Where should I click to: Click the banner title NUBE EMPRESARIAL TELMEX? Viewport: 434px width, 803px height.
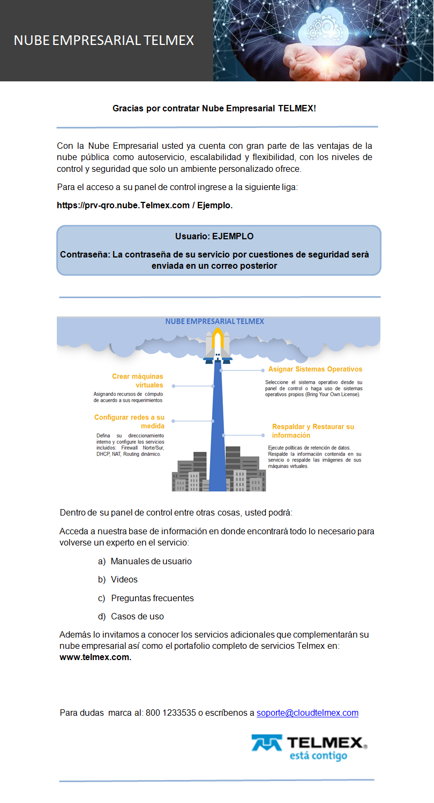[103, 41]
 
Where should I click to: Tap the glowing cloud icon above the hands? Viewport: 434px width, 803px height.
[325, 27]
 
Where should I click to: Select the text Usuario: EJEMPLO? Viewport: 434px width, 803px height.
[214, 236]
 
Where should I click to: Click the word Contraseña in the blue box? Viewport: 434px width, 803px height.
[84, 254]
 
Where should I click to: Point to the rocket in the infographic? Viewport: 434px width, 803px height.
[217, 345]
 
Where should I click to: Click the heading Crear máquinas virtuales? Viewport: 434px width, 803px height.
[137, 381]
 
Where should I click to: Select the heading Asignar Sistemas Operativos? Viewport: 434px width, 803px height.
[315, 369]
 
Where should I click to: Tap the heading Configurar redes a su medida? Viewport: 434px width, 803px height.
[129, 421]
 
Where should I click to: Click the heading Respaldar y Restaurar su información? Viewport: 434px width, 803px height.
[313, 431]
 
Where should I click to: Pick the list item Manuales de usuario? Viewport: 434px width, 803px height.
[151, 562]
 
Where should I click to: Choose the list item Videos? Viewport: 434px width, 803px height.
[124, 580]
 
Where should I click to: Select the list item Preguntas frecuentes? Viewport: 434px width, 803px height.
[152, 598]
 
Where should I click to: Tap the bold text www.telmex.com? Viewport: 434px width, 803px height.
[95, 657]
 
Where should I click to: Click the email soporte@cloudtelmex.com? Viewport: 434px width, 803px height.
[307, 713]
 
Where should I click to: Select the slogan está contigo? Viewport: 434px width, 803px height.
[318, 756]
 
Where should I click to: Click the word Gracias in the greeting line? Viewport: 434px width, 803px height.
[128, 109]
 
